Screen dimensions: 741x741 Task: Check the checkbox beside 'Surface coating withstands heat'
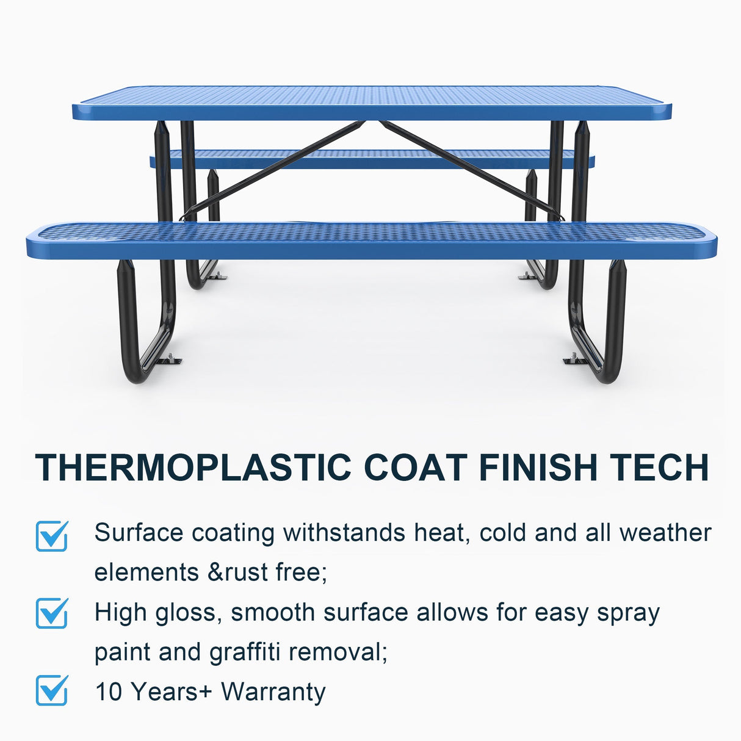pyautogui.click(x=52, y=536)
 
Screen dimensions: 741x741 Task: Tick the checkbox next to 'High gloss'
pyautogui.click(x=52, y=613)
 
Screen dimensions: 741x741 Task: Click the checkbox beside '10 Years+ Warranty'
pyautogui.click(x=52, y=690)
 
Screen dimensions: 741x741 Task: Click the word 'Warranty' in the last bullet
pyautogui.click(x=273, y=692)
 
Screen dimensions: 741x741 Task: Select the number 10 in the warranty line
pyautogui.click(x=109, y=692)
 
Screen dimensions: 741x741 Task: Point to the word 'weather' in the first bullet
pyautogui.click(x=665, y=533)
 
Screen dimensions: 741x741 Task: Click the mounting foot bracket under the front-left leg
pyautogui.click(x=168, y=361)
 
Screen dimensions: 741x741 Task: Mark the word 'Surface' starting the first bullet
pyautogui.click(x=139, y=533)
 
